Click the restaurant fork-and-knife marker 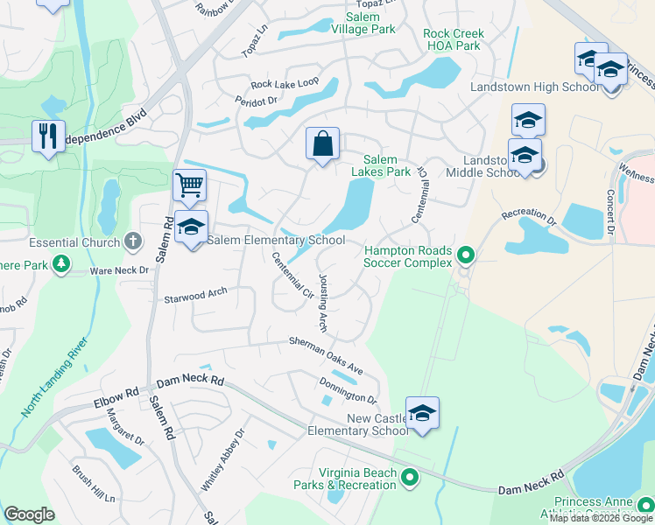[x=47, y=136]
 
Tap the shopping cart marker [x=189, y=185]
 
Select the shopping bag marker [x=322, y=143]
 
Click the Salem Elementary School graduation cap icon [x=191, y=227]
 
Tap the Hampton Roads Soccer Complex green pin [x=466, y=255]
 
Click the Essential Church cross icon [x=132, y=240]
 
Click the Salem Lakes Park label [x=381, y=165]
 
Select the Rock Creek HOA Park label [x=453, y=39]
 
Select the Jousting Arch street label [x=322, y=303]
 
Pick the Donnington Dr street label [x=347, y=390]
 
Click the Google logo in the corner [x=29, y=514]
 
